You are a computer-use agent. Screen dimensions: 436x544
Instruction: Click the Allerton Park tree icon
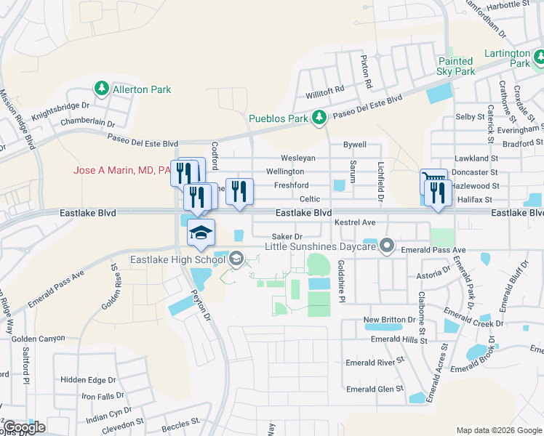click(x=102, y=89)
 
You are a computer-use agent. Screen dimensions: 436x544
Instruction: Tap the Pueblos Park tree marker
click(x=319, y=117)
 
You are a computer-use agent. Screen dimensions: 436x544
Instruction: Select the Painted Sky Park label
click(x=456, y=66)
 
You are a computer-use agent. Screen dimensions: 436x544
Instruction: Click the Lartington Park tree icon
click(x=539, y=56)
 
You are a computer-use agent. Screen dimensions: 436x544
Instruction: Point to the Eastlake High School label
click(x=177, y=259)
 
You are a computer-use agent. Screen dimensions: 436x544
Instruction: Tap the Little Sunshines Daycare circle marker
click(x=387, y=247)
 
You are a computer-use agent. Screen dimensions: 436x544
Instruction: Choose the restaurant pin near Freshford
click(x=239, y=192)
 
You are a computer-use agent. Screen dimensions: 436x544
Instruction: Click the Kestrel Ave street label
click(x=354, y=222)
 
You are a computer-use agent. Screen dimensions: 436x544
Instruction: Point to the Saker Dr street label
click(x=286, y=236)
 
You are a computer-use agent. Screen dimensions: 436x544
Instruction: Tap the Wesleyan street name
click(x=297, y=158)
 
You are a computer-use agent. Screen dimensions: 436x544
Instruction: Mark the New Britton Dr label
click(x=392, y=320)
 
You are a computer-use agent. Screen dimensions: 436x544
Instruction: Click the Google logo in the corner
click(x=23, y=427)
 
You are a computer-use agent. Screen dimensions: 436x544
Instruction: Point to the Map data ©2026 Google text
click(x=498, y=430)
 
